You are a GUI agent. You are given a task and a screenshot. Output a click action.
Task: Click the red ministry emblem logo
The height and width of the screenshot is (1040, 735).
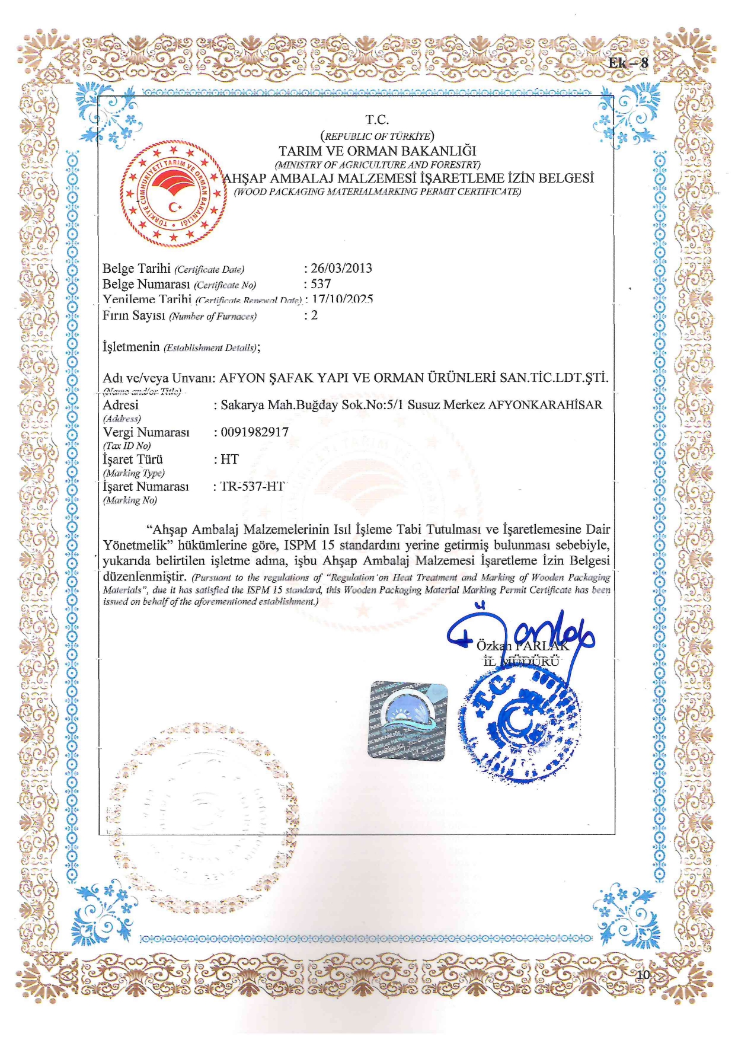(x=174, y=193)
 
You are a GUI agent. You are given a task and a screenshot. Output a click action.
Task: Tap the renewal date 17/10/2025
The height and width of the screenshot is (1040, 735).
(x=343, y=299)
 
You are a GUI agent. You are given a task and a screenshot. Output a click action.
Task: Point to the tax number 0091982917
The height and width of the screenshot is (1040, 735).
(x=254, y=432)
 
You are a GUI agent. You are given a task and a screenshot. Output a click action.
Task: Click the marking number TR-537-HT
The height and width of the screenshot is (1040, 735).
(x=253, y=487)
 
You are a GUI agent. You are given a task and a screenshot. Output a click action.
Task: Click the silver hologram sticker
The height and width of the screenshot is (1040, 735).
(x=408, y=720)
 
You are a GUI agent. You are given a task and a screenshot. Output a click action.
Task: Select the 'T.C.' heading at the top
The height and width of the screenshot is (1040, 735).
(x=377, y=120)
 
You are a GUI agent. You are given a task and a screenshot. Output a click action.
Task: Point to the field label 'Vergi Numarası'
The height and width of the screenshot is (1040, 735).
(x=146, y=432)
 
